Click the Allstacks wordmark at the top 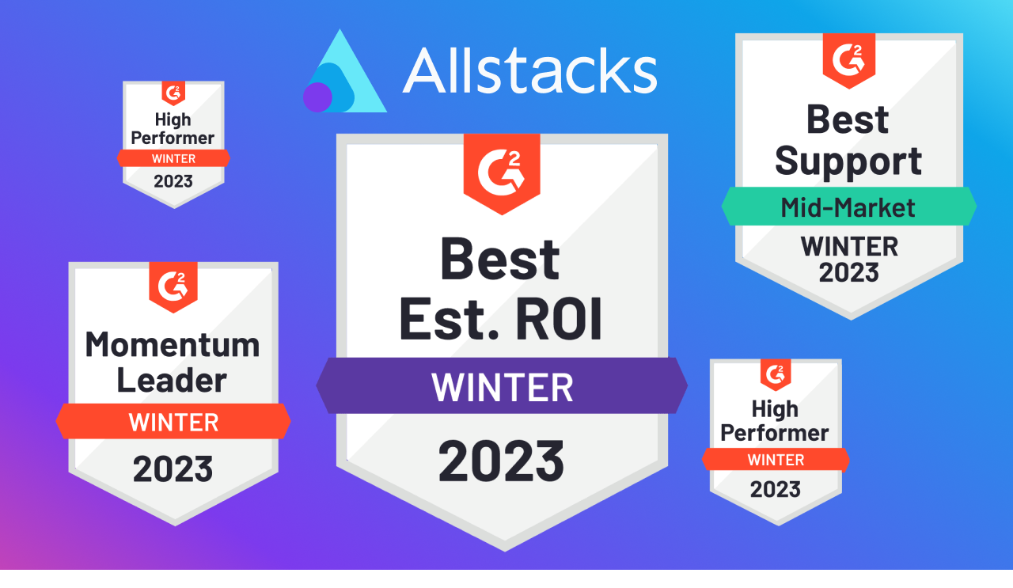tap(529, 70)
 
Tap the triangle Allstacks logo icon tap(348, 75)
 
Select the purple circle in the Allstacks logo tap(317, 97)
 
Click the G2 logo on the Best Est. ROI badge tap(502, 169)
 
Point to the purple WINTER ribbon tap(502, 386)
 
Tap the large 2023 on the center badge tap(502, 461)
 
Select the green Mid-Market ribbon tap(848, 207)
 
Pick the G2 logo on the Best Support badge tap(848, 57)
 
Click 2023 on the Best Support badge tap(848, 272)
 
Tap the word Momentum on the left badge tap(173, 345)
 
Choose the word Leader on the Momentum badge tap(173, 380)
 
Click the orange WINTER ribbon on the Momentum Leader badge tap(173, 422)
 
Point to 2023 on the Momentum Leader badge tap(173, 469)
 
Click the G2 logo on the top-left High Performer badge tap(173, 92)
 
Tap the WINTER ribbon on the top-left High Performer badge tap(173, 158)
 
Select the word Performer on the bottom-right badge tap(775, 433)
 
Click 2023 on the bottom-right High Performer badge tap(775, 488)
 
